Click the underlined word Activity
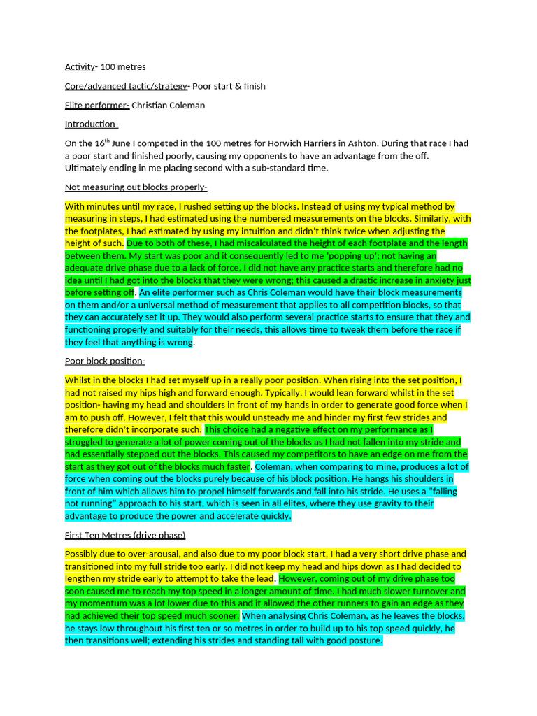tap(80, 67)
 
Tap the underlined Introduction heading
tap(91, 124)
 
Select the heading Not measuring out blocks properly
tap(136, 187)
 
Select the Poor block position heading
tap(105, 361)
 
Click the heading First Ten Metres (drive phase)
tap(125, 535)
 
